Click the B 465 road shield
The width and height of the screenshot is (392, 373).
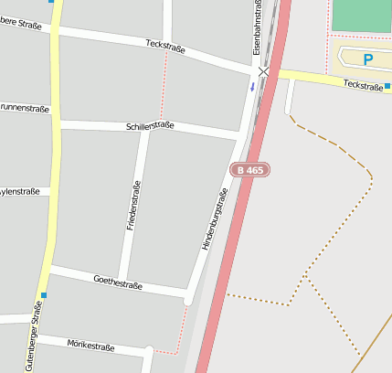point(250,170)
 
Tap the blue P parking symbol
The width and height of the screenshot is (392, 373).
point(368,59)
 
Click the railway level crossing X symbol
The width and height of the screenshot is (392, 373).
point(264,71)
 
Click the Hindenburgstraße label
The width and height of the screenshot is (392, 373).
point(213,219)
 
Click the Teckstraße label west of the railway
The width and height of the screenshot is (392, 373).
point(164,46)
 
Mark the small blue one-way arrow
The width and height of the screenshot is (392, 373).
point(252,87)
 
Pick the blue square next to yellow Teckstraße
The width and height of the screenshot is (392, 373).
point(387,87)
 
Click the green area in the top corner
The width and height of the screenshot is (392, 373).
point(362,16)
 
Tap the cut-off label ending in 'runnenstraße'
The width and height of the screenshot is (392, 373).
point(26,108)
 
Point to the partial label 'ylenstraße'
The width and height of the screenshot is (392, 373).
point(20,192)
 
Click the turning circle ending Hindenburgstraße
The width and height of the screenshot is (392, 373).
point(188,299)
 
